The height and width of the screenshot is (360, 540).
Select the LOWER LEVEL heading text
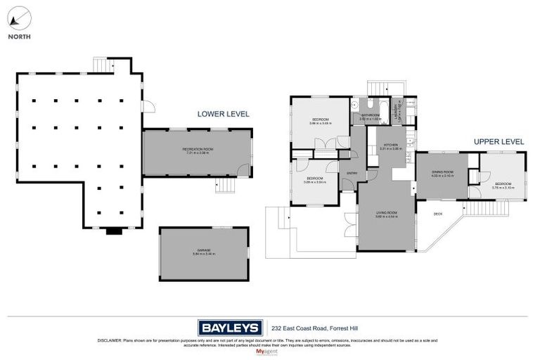click(x=223, y=113)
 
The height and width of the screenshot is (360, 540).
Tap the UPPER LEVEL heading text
click(x=499, y=141)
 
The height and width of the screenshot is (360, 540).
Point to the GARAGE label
click(x=205, y=252)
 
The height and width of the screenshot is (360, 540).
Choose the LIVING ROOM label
click(x=387, y=214)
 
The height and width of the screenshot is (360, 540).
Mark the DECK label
click(x=437, y=214)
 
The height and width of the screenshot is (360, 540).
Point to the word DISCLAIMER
click(x=112, y=340)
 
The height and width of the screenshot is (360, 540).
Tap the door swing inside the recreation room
click(x=242, y=169)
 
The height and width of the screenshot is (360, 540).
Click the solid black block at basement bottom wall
click(x=113, y=231)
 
